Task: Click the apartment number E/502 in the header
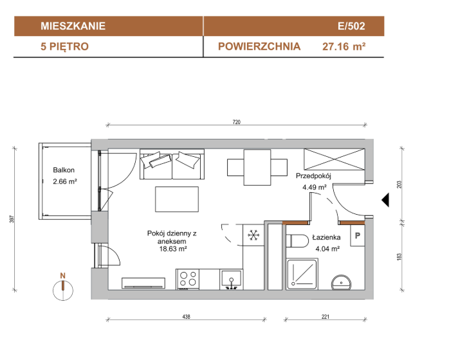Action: pos(351,26)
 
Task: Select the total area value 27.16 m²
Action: pos(344,46)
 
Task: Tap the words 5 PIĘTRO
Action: pos(65,46)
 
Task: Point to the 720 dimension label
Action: pos(237,122)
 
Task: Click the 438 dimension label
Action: pos(186,316)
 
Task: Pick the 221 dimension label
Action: pos(325,316)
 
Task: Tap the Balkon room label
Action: pos(64,170)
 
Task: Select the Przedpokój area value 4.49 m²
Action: pos(315,188)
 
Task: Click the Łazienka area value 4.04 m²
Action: pos(327,249)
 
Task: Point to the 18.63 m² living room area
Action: pos(173,249)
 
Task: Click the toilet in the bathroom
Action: pos(297,240)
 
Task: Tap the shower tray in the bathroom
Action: pos(302,274)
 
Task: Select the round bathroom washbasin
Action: pos(342,283)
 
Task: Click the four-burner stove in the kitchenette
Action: pos(188,279)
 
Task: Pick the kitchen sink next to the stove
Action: pos(232,279)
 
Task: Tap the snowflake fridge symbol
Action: pos(253,235)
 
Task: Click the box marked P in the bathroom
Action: pos(358,235)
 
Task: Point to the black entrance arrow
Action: pos(385,200)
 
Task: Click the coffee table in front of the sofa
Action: pos(177,199)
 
